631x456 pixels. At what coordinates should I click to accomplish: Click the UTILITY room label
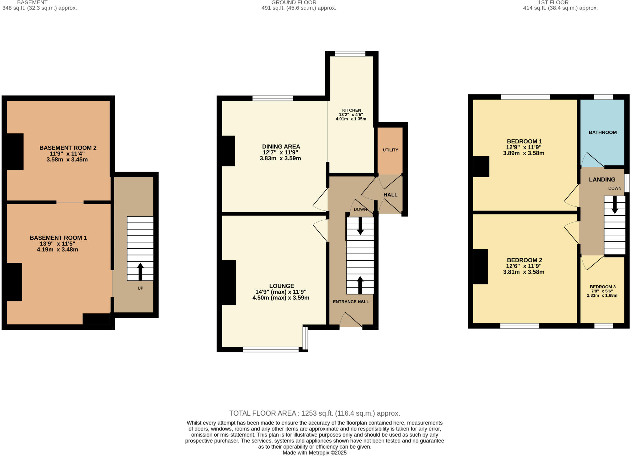pyautogui.click(x=390, y=150)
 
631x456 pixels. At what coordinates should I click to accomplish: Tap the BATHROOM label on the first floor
pyautogui.click(x=602, y=132)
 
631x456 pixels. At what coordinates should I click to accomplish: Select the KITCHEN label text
pyautogui.click(x=351, y=110)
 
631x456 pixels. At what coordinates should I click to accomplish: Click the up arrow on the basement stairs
pyautogui.click(x=140, y=271)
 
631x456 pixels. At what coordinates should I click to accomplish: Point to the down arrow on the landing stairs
pyautogui.click(x=614, y=205)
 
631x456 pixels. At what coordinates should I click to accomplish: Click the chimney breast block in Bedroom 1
pyautogui.click(x=481, y=166)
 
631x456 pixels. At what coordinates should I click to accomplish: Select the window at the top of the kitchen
pyautogui.click(x=350, y=54)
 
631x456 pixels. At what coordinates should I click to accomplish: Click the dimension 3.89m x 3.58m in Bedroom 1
pyautogui.click(x=523, y=153)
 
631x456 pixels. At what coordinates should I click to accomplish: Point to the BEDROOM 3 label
pyautogui.click(x=602, y=287)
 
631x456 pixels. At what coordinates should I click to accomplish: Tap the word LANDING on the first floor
pyautogui.click(x=602, y=180)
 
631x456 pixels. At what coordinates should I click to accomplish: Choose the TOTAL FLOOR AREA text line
pyautogui.click(x=314, y=413)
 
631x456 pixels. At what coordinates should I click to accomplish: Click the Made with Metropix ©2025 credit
pyautogui.click(x=314, y=453)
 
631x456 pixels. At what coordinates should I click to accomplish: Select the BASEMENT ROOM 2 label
pyautogui.click(x=68, y=148)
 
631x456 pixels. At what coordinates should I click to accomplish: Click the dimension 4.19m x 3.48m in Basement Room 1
pyautogui.click(x=57, y=250)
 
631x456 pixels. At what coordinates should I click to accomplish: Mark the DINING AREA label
pyautogui.click(x=281, y=147)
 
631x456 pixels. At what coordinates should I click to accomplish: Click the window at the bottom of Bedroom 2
pyautogui.click(x=519, y=326)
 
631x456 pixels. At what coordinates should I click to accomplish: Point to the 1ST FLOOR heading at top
pyautogui.click(x=553, y=2)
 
